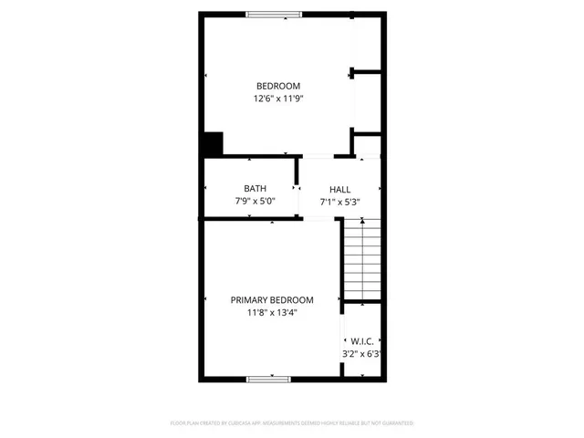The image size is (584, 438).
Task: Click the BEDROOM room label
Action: pos(278,86)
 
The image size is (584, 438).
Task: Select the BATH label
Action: pos(255,189)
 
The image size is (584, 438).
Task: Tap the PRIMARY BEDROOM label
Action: pos(272,300)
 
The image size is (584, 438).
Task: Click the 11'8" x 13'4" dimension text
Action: pos(272,312)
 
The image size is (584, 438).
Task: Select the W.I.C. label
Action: pos(360,341)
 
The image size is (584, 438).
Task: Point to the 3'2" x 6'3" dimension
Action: pos(360,353)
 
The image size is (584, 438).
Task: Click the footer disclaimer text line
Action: pos(292,423)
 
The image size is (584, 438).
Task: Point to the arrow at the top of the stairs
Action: pos(362,220)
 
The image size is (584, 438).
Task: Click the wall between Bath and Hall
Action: pos(297,188)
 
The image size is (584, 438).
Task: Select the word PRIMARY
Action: pos(248,300)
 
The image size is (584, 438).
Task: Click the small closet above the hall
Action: pos(367,145)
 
